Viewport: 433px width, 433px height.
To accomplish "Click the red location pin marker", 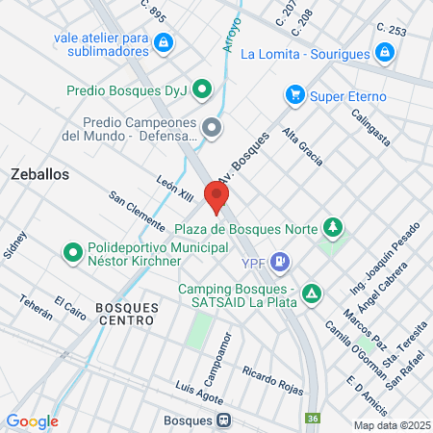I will coord(216,196).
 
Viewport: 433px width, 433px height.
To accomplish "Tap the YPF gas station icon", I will coord(280,259).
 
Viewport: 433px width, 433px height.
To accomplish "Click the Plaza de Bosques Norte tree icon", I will coord(333,228).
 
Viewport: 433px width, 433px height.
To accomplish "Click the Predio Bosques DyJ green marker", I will coord(201,90).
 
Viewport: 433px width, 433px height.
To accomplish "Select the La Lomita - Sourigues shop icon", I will coord(385,53).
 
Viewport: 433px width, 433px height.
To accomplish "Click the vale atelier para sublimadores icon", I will coord(164,41).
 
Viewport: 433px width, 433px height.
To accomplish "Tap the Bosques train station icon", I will coord(223,420).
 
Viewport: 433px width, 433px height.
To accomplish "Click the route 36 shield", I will coord(313,418).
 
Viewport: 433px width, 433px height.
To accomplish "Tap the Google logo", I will coord(32,420).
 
